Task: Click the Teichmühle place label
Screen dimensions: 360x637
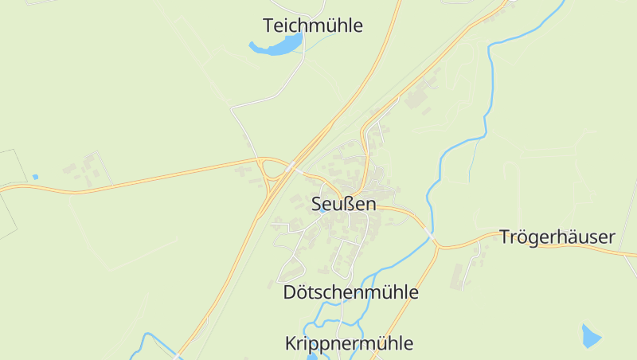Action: [x=312, y=25]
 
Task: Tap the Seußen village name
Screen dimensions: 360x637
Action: [x=343, y=204]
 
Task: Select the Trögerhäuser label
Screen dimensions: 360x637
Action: [x=557, y=237]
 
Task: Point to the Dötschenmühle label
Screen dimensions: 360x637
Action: [x=350, y=292]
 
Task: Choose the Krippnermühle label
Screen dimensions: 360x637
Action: [x=349, y=343]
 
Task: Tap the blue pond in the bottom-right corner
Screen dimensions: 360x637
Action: [x=591, y=336]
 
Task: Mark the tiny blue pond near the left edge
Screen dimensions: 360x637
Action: [x=35, y=176]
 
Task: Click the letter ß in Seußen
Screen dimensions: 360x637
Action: [x=347, y=204]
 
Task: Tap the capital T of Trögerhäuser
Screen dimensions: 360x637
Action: [x=505, y=237]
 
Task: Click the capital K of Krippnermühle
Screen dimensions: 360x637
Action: [x=291, y=343]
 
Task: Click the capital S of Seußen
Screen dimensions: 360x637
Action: [x=316, y=204]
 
